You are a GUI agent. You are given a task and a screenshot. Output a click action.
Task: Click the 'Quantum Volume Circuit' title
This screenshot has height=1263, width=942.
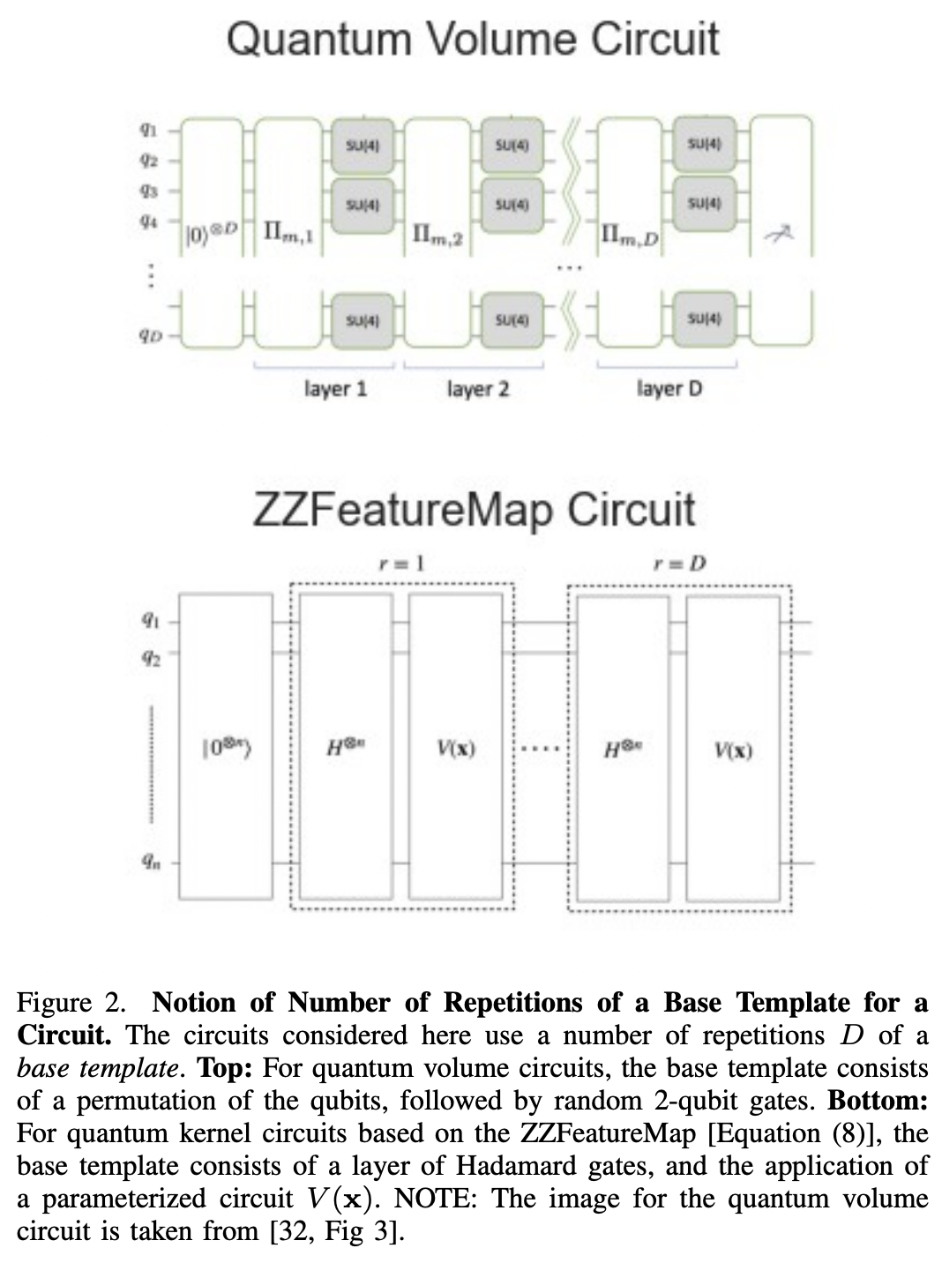[472, 40]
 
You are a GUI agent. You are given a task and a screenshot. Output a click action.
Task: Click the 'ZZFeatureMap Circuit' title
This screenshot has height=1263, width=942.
[474, 510]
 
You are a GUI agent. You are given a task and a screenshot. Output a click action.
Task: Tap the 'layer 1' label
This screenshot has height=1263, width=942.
[335, 388]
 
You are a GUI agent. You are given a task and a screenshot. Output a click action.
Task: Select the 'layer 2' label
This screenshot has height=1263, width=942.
[478, 388]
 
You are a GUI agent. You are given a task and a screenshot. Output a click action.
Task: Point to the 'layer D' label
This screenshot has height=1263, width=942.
[669, 388]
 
